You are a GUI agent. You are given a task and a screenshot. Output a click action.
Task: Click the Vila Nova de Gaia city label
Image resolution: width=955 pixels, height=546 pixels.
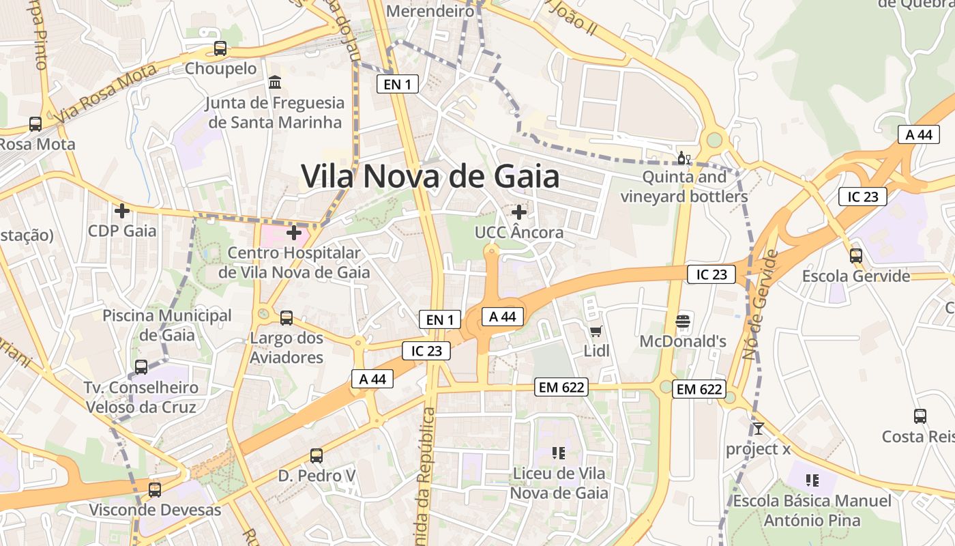[430, 177]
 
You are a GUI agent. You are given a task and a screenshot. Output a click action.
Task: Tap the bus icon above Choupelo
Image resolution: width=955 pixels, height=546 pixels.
[220, 48]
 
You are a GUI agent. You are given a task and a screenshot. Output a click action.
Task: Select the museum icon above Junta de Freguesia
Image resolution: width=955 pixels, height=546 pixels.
[275, 83]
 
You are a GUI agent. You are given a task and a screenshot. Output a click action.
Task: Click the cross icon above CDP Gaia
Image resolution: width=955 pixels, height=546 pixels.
[122, 211]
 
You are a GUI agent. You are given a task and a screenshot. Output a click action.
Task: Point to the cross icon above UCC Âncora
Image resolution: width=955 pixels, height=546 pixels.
[519, 212]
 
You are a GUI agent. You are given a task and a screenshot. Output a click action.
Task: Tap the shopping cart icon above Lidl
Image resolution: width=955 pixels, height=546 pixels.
[596, 332]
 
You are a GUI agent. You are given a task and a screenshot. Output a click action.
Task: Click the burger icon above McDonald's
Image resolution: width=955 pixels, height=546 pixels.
[683, 321]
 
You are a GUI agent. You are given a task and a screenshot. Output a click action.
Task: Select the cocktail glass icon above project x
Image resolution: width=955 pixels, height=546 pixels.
[758, 429]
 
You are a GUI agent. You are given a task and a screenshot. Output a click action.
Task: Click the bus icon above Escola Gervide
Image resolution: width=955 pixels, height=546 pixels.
[856, 256]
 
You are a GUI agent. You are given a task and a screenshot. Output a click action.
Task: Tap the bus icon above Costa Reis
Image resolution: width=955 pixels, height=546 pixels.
[920, 416]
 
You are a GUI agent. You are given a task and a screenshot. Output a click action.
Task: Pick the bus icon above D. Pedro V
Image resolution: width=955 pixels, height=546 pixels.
[317, 455]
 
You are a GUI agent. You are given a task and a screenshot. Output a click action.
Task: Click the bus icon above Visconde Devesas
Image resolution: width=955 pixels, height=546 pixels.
[155, 489]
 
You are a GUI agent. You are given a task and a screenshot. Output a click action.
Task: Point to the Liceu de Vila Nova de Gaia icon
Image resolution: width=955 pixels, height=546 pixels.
[559, 452]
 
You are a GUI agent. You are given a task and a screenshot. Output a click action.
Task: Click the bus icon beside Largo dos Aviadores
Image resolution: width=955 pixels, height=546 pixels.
[286, 317]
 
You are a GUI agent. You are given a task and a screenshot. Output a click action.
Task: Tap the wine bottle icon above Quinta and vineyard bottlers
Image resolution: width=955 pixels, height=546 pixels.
[684, 158]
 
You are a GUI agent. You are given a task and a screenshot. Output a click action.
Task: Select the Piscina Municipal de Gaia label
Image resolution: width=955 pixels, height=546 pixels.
[167, 326]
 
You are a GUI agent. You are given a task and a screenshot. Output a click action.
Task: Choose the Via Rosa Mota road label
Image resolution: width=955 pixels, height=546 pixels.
[108, 90]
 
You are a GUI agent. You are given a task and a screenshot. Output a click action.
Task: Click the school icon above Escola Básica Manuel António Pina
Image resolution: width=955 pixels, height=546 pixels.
[812, 480]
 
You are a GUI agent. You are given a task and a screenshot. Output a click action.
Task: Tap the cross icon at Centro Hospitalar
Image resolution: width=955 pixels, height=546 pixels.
[294, 233]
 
